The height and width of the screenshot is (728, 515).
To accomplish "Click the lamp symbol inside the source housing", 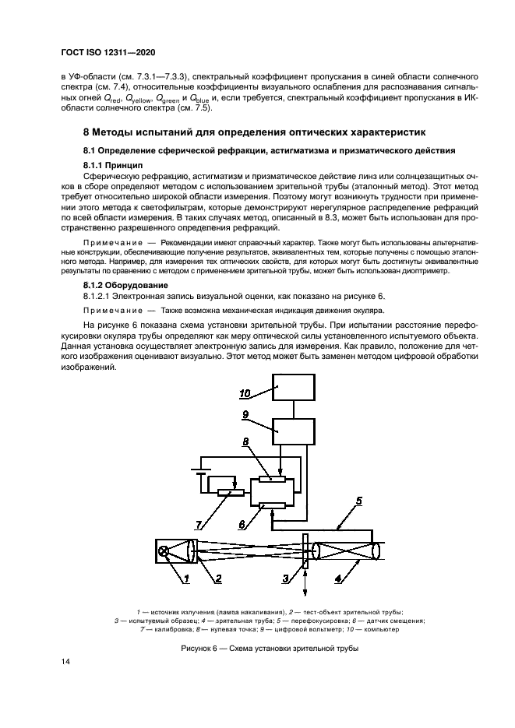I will pos(164,551).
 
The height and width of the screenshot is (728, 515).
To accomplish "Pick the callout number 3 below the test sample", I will pos(286,577).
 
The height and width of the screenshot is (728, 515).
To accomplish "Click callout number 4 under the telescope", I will pos(337,578).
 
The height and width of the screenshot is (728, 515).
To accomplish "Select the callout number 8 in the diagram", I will pos(246,441).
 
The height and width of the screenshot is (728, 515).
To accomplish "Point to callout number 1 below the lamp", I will pos(187,578).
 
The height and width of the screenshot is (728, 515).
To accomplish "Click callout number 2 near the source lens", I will pos(218,578).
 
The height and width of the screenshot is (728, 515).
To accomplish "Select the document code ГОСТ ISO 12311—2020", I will pos(108,52).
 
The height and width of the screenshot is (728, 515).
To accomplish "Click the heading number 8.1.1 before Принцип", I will pos(97,166).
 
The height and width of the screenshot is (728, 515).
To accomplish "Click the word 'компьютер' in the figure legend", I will pos(386,628).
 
